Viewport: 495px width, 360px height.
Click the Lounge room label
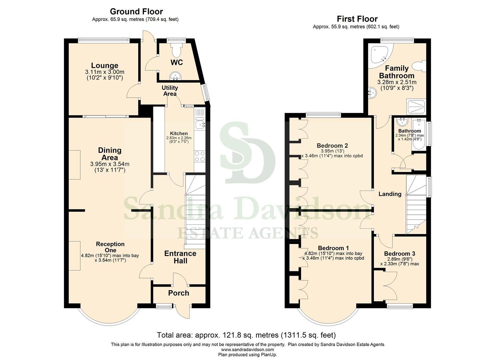pos(105,66)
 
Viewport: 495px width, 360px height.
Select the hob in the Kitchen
pos(200,156)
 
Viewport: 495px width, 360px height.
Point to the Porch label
pos(178,293)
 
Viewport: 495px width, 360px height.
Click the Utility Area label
pos(170,91)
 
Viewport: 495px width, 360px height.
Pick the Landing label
pos(390,194)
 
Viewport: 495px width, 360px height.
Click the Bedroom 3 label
pos(399,254)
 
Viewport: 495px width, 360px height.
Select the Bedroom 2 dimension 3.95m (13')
pos(332,151)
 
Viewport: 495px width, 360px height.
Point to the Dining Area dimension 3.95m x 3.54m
pos(110,164)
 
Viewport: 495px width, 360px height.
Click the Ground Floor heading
pos(136,12)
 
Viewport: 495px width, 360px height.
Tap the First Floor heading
pos(357,19)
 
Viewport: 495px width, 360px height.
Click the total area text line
pos(246,335)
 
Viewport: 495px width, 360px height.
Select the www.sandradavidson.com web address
pos(247,350)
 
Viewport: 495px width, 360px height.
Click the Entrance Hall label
pos(180,257)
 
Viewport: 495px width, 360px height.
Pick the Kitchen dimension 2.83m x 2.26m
pos(179,138)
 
